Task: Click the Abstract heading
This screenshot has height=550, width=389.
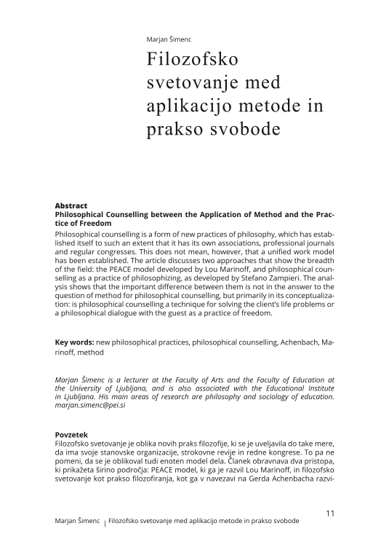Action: pyautogui.click(x=71, y=206)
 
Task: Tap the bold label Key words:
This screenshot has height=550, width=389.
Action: pyautogui.click(x=76, y=342)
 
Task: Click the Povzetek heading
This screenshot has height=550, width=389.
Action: pyautogui.click(x=73, y=434)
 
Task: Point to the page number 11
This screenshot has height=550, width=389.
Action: pyautogui.click(x=330, y=513)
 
